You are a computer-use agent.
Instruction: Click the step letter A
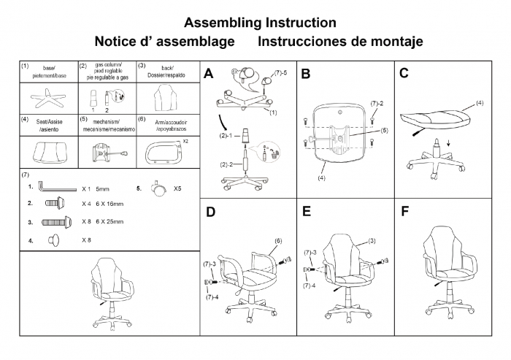[209, 74]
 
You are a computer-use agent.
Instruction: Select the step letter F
[405, 212]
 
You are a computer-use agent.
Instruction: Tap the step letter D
[210, 212]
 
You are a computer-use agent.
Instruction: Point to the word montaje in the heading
[393, 42]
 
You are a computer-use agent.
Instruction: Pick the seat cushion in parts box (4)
[48, 152]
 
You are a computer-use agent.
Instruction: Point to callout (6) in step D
[278, 240]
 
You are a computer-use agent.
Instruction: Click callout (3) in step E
[372, 240]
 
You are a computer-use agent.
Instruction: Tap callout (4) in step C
[480, 103]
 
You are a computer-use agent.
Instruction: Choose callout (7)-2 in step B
[377, 104]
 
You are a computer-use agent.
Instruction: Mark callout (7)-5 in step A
[281, 74]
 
